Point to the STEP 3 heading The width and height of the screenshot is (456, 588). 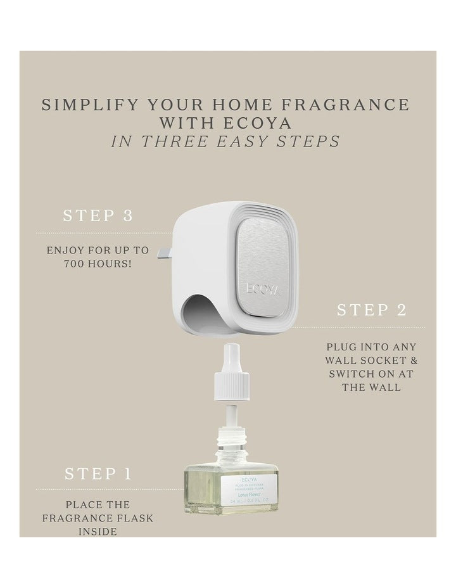tap(98, 215)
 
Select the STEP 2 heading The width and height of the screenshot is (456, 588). tap(371, 310)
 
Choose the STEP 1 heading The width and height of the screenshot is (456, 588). tap(98, 473)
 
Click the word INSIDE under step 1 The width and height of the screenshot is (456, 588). tap(98, 532)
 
